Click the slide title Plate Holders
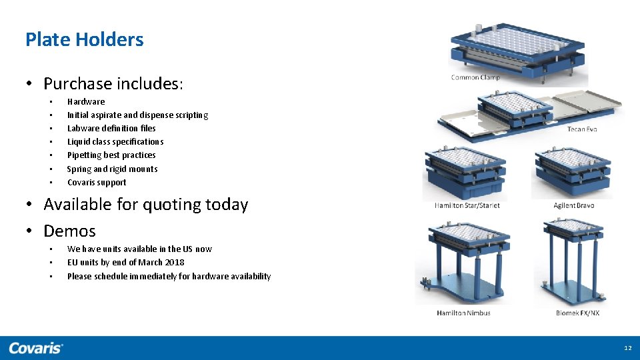pos(84,39)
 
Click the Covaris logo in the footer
pos(36,348)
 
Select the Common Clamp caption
pos(475,77)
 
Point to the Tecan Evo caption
pos(582,129)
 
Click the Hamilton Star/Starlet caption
pos(467,205)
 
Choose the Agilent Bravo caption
pos(573,205)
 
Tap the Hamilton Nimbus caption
pos(463,313)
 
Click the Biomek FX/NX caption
pos(577,313)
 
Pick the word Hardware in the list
pos(86,102)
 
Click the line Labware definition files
pos(111,129)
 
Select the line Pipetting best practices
pos(111,155)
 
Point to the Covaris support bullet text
pos(97,183)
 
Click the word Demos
pos(69,231)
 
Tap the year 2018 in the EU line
pos(174,263)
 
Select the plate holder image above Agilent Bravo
pos(572,172)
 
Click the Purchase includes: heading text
pos(113,84)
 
